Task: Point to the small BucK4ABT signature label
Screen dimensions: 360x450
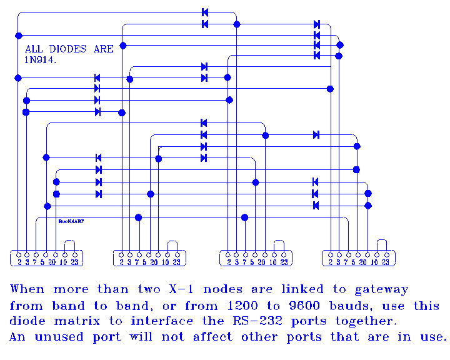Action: (x=71, y=221)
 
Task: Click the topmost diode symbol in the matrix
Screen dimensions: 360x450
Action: (x=205, y=12)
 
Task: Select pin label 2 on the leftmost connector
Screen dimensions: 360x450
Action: (x=19, y=262)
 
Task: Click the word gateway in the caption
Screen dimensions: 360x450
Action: (x=382, y=289)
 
